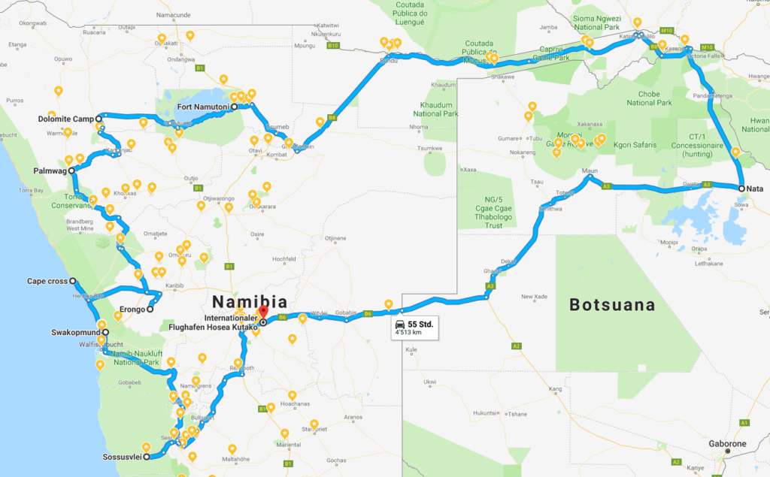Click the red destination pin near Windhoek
click(263, 313)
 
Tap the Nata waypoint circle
click(741, 189)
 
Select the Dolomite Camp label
click(65, 119)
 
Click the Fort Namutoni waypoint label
click(203, 107)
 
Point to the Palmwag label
click(50, 171)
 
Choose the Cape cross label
click(47, 282)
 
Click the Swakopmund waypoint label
click(75, 332)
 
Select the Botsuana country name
click(611, 306)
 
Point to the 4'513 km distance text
click(411, 334)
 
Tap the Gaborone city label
click(726, 443)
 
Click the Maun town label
click(590, 171)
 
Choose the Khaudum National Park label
click(435, 110)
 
